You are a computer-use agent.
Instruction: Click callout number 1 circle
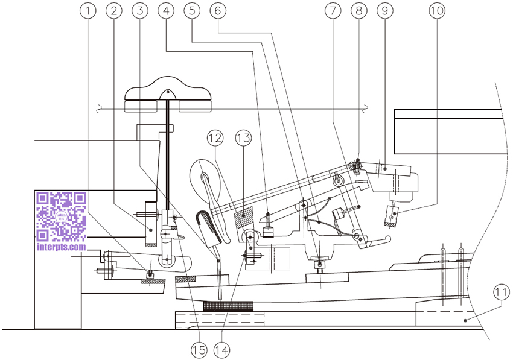click(x=88, y=11)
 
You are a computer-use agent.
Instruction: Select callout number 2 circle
click(x=114, y=11)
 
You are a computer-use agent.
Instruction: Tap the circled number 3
click(x=140, y=11)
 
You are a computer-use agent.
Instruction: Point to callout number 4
click(x=166, y=11)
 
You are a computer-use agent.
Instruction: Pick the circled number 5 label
click(x=192, y=11)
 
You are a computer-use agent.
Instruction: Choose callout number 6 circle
click(x=218, y=11)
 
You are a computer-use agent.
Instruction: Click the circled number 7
click(x=333, y=11)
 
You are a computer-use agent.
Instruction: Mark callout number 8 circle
click(x=359, y=11)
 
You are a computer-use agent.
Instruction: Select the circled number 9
click(x=385, y=11)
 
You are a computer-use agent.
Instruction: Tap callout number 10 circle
click(x=437, y=11)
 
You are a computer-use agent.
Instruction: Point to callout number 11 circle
click(x=501, y=292)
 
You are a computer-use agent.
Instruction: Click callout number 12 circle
click(x=215, y=138)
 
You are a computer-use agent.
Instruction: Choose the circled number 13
click(x=243, y=138)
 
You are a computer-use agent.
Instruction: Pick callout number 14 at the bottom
click(x=221, y=350)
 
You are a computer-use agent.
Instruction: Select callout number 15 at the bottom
click(x=199, y=350)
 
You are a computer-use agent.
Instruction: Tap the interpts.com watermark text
click(x=62, y=247)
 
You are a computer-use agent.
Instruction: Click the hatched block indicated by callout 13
click(x=244, y=218)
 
